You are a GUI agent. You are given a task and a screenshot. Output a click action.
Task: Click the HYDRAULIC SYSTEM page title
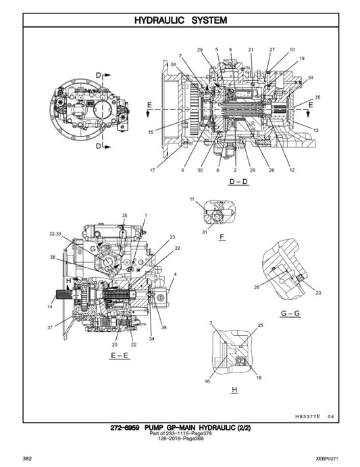[x=180, y=20]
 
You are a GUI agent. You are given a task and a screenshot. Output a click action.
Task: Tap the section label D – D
[x=239, y=181]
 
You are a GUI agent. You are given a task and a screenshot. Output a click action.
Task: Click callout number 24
[x=174, y=65]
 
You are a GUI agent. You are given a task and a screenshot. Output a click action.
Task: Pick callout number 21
[x=250, y=50]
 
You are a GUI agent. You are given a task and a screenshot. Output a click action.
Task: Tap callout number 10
[x=292, y=50]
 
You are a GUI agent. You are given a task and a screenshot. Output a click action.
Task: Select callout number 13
[x=317, y=129]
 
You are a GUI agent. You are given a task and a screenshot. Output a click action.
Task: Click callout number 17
[x=152, y=170]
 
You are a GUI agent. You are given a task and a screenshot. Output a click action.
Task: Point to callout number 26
[x=272, y=170]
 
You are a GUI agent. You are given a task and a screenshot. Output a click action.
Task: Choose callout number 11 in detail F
[x=192, y=199]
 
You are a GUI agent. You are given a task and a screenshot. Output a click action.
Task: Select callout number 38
[x=53, y=257]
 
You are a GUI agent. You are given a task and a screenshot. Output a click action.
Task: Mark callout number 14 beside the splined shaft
[x=50, y=307]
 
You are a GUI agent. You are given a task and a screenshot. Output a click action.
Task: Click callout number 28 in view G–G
[x=257, y=287]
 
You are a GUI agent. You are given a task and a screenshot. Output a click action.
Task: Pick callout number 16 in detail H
[x=207, y=381]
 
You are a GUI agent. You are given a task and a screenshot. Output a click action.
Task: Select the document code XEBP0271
[x=336, y=459]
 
